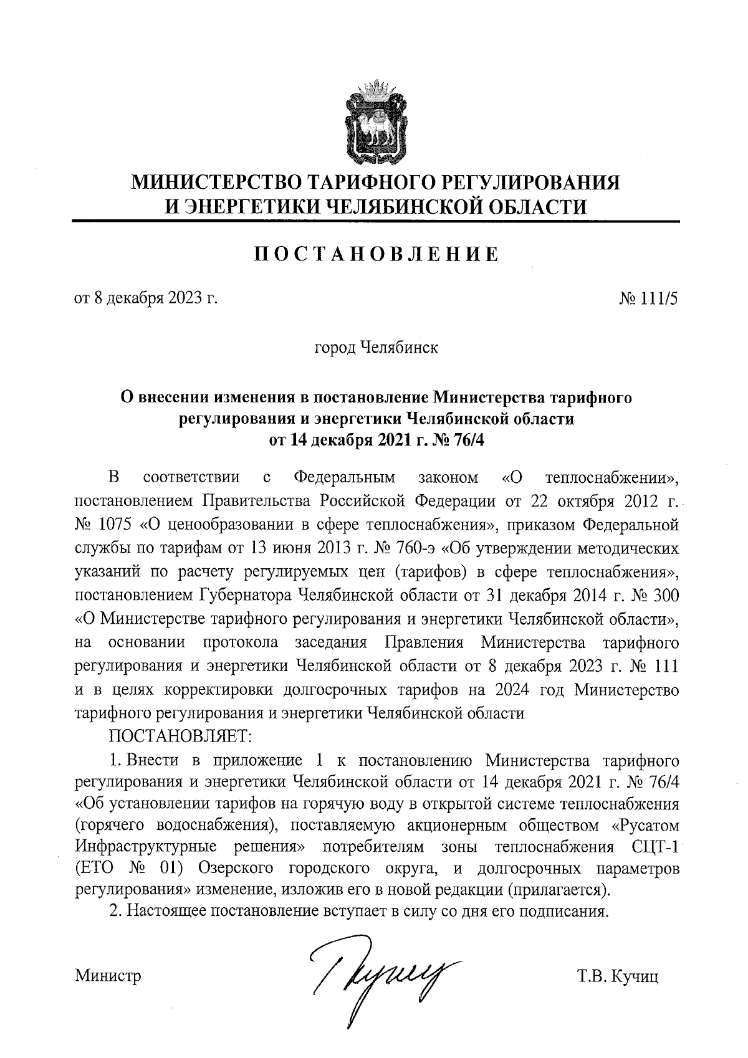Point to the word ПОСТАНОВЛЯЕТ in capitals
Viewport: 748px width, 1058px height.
pyautogui.click(x=180, y=736)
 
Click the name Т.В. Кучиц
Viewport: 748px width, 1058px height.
pyautogui.click(x=618, y=975)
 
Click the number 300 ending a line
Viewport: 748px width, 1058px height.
pyautogui.click(x=663, y=595)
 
